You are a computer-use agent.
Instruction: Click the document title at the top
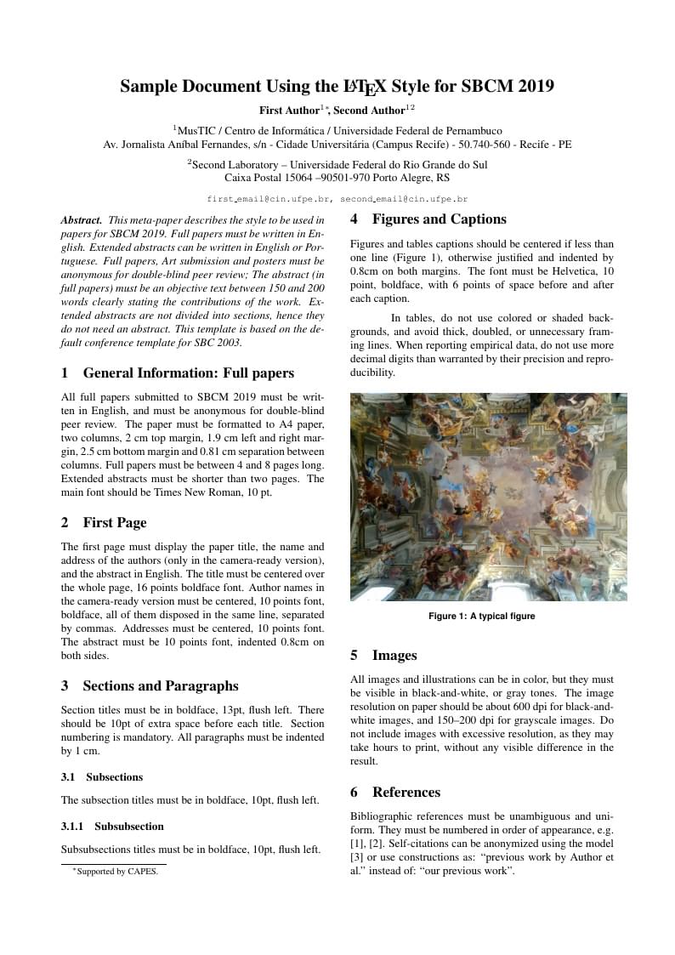tap(337, 87)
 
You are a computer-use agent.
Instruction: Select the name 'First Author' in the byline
tap(288, 110)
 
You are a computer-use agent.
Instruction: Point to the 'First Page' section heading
tap(114, 522)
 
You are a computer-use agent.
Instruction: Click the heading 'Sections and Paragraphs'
tap(160, 685)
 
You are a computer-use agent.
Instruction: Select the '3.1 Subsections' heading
tap(102, 776)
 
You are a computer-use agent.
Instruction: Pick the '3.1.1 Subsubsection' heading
tap(112, 826)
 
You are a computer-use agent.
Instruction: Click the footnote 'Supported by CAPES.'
tap(116, 871)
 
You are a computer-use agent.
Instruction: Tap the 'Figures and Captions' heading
tap(439, 219)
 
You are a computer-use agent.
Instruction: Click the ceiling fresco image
tap(488, 497)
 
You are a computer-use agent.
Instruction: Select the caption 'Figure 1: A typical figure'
tap(481, 616)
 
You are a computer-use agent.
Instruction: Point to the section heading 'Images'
tap(394, 655)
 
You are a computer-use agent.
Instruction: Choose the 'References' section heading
tap(406, 792)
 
